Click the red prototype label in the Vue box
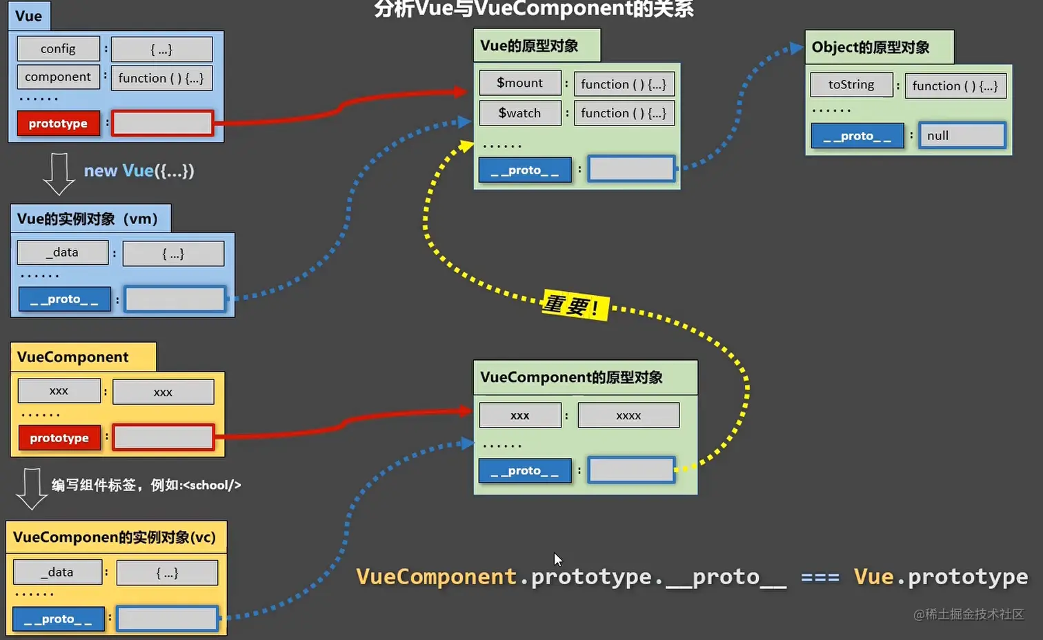pos(59,123)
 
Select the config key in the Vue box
pos(58,49)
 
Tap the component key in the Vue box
pos(58,77)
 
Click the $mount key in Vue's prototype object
pos(520,83)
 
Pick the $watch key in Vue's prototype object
pos(520,113)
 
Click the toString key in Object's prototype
pos(851,85)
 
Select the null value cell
pos(962,136)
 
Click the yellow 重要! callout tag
pos(575,305)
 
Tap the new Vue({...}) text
pos(139,171)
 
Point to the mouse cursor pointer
pos(557,559)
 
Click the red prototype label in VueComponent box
pos(59,438)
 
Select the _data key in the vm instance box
pos(62,252)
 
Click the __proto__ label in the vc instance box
pos(58,619)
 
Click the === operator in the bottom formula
pos(819,577)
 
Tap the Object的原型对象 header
pos(871,48)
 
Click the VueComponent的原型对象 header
pos(571,377)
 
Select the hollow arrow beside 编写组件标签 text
pos(31,488)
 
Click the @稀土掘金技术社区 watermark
pos(968,614)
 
